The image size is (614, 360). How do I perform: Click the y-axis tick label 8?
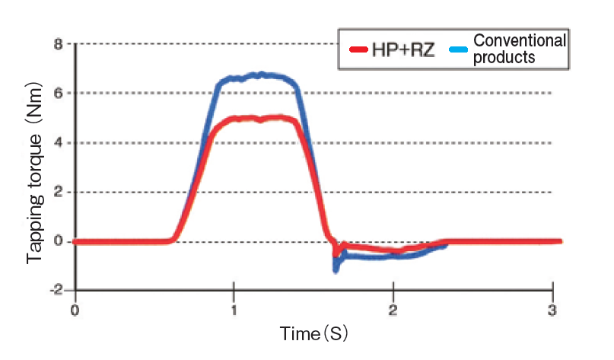click(58, 44)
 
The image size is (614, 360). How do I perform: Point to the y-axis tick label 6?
click(58, 94)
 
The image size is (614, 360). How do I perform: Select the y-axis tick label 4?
click(58, 143)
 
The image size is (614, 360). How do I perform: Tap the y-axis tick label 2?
click(58, 193)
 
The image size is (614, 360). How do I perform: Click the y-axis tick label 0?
click(58, 242)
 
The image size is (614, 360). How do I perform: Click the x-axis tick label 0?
click(74, 310)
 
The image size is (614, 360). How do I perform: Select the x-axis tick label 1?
click(234, 310)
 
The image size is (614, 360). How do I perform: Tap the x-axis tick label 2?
click(393, 310)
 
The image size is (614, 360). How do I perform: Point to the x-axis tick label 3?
click(553, 310)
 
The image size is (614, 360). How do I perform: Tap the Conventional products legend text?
click(520, 49)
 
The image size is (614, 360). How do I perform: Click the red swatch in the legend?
click(358, 51)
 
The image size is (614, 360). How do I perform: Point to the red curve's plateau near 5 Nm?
click(259, 119)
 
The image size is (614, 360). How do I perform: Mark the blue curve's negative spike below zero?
click(336, 267)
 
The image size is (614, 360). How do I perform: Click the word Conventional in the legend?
click(520, 40)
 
